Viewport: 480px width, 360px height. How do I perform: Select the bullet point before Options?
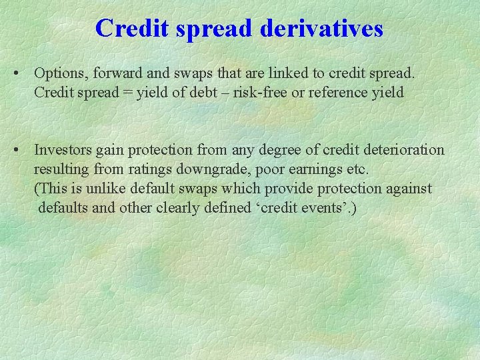pos(24,72)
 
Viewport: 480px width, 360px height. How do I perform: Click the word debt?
pos(198,92)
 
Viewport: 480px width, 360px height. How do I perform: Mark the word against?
pos(408,189)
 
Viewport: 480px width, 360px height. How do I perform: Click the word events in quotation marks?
pos(321,208)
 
